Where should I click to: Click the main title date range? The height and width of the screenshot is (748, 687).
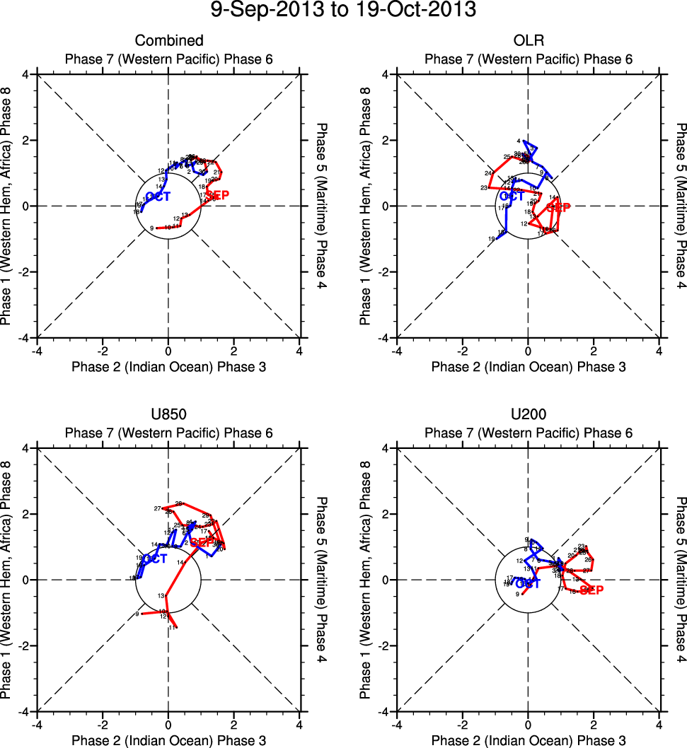pos(343,11)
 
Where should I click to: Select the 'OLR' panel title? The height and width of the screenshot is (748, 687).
pos(528,40)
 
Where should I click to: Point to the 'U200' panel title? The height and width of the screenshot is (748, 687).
pos(528,414)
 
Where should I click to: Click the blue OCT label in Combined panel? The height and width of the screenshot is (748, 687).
pos(157,197)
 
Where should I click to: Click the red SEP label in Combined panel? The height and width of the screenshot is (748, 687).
pos(217,196)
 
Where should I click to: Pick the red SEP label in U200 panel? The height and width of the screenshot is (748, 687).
pos(591,590)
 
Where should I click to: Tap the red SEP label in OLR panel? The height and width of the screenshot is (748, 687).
pos(558,208)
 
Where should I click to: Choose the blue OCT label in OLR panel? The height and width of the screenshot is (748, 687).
pos(512,197)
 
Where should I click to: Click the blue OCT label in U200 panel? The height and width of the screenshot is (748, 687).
pos(528,583)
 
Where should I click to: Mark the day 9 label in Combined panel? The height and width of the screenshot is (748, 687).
pos(152,228)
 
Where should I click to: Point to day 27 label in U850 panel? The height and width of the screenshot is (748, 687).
pos(157,508)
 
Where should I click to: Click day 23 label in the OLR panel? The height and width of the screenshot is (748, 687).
pos(484,187)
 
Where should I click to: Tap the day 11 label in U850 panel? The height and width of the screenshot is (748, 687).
pos(171,626)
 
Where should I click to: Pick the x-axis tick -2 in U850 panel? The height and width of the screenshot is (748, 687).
pos(103,725)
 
